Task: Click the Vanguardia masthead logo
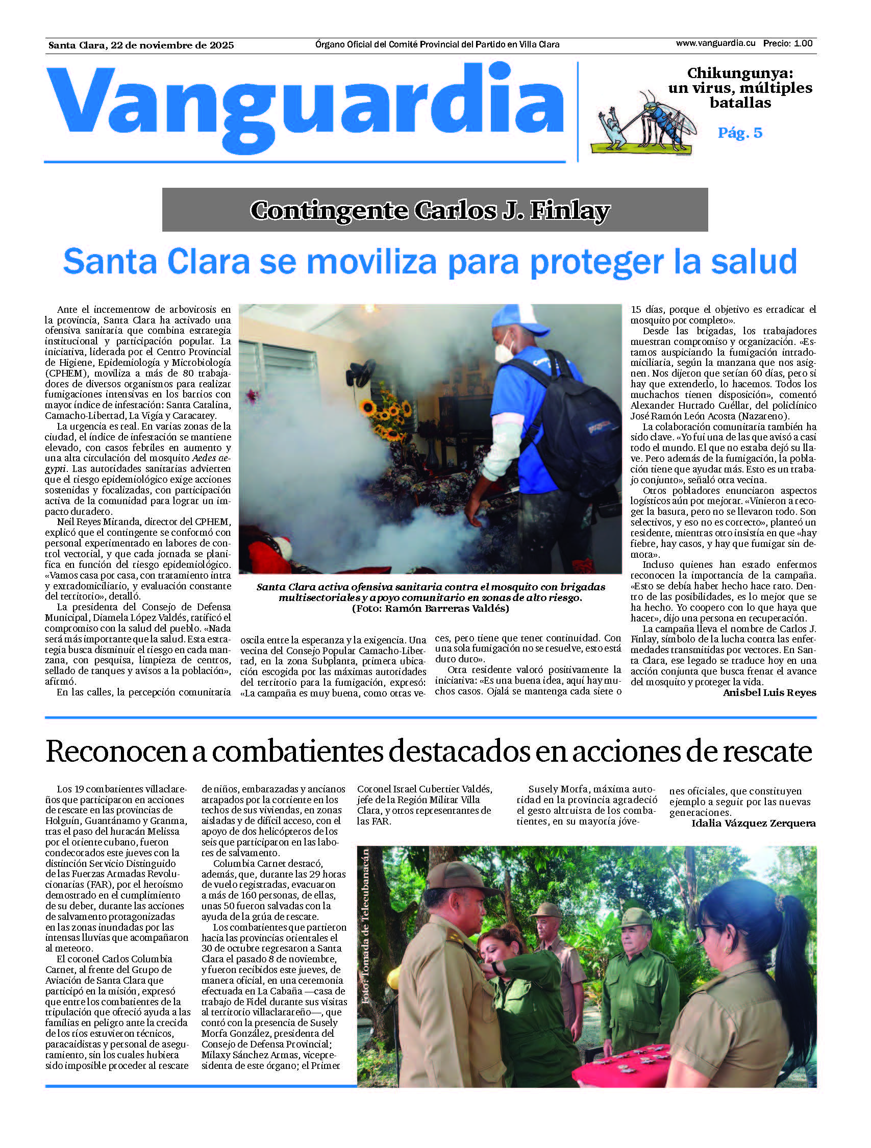pos(306,107)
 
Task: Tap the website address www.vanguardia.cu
pos(715,43)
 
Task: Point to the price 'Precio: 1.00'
pos(787,43)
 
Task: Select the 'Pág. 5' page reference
pos(740,133)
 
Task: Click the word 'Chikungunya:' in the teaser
pos(740,73)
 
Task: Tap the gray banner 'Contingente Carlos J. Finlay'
pos(435,210)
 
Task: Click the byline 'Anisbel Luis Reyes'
pos(769,692)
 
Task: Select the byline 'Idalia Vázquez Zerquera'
pos(753,823)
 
